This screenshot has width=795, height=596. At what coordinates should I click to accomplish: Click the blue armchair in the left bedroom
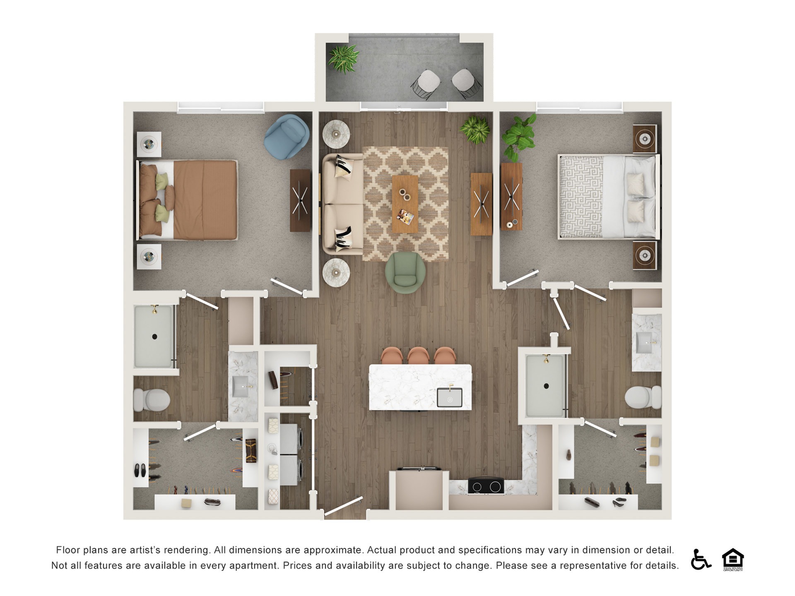click(287, 136)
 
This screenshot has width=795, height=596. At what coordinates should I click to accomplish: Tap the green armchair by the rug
click(405, 272)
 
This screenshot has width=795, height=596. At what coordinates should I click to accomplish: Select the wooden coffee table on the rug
click(405, 204)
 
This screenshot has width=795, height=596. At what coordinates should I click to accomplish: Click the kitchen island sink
click(450, 398)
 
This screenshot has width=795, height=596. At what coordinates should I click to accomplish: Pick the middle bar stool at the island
click(418, 356)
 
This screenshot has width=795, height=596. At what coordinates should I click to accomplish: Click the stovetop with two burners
click(486, 486)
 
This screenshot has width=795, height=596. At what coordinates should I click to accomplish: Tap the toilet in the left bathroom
click(152, 400)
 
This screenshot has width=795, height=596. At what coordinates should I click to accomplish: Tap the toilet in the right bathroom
click(643, 397)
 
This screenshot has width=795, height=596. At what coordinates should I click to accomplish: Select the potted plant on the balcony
click(343, 58)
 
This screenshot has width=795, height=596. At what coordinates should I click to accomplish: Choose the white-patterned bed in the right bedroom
click(608, 197)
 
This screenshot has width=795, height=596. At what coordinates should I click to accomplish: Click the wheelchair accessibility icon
click(700, 559)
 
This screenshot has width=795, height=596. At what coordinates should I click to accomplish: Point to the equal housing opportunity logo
click(732, 559)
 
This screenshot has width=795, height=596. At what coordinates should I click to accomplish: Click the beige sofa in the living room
click(342, 204)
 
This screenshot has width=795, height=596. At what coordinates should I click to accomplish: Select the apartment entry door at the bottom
click(343, 506)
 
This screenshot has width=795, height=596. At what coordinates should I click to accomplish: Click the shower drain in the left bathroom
click(155, 336)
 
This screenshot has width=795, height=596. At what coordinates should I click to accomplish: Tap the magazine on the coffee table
click(405, 216)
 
